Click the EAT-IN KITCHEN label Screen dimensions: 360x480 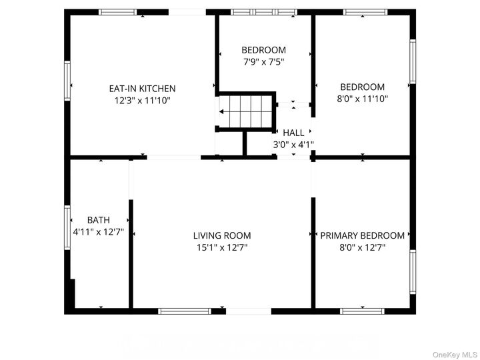(142, 88)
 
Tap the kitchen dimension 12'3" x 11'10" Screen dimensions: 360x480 (142, 100)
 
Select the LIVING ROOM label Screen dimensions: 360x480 (222, 235)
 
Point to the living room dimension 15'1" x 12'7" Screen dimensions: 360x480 (222, 247)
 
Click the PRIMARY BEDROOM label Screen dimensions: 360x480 (362, 235)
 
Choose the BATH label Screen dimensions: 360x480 (98, 220)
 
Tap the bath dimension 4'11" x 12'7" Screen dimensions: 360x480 (98, 232)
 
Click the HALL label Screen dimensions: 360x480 (293, 133)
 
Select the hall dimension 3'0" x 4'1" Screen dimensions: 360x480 (293, 144)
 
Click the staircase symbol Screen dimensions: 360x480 (247, 111)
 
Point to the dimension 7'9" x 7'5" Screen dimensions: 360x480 (263, 62)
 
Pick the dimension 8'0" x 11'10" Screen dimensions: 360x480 (362, 99)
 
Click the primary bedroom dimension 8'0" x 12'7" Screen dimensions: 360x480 (362, 247)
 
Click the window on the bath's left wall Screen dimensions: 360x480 (67, 227)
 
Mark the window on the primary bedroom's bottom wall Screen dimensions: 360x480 (362, 311)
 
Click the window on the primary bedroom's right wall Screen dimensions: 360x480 (413, 271)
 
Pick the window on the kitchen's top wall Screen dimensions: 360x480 (117, 12)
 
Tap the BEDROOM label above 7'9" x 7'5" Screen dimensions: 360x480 (263, 50)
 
